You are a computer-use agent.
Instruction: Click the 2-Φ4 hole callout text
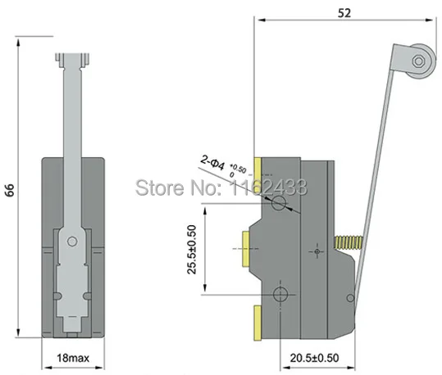(214, 167)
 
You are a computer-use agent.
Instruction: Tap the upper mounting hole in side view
(280, 202)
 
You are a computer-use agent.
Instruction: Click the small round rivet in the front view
(73, 241)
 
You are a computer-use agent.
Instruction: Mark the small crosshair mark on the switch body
(316, 251)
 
